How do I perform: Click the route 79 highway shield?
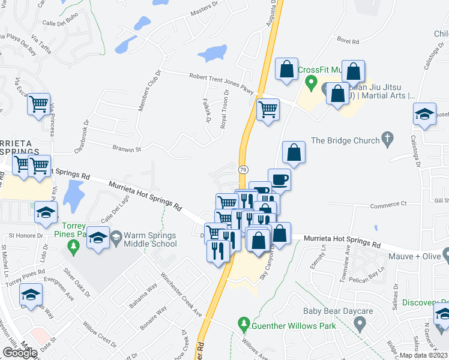[243, 170]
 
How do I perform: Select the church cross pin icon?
[388, 140]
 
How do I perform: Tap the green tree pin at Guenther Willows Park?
[244, 325]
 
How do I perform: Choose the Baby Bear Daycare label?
[338, 311]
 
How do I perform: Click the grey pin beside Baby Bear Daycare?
[360, 325]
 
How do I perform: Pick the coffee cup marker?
[279, 179]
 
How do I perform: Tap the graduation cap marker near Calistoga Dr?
[424, 114]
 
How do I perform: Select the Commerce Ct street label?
[388, 205]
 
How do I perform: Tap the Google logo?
[20, 353]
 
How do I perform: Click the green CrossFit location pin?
[311, 82]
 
